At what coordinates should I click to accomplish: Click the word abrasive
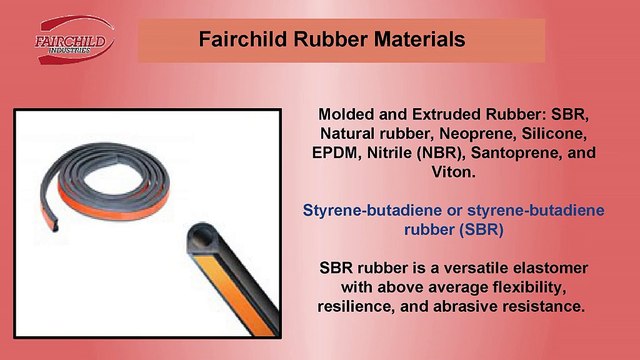click(485, 308)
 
